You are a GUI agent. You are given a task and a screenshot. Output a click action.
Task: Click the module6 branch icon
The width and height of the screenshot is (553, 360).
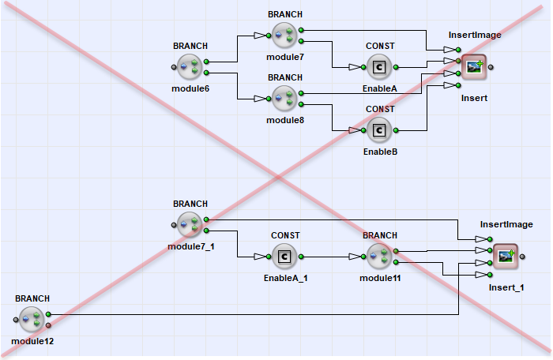[x=190, y=67]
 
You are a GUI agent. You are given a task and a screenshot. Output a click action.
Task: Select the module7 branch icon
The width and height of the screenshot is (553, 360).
[x=284, y=36]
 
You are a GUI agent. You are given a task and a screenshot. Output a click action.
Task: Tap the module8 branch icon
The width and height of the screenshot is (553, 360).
[x=284, y=99]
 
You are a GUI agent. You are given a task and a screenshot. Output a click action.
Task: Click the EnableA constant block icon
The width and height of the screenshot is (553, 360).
[x=379, y=67]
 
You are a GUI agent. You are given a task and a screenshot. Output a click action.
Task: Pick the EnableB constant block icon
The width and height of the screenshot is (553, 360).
[x=379, y=130]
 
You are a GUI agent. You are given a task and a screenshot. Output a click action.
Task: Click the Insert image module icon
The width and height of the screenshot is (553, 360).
[x=474, y=67]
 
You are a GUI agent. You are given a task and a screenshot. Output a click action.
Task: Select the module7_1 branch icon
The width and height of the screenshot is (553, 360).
[x=190, y=225]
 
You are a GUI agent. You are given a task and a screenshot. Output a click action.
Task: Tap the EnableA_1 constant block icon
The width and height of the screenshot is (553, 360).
[x=284, y=257]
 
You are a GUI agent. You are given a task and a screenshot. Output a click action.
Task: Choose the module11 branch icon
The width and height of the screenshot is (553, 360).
[x=379, y=257]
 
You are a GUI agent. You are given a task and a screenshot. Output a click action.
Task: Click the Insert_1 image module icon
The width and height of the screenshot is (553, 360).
[x=506, y=257]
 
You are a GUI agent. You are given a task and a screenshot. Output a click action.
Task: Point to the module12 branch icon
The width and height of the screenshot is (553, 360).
[x=32, y=320]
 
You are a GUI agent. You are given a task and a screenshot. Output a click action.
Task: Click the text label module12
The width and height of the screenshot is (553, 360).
[x=32, y=341]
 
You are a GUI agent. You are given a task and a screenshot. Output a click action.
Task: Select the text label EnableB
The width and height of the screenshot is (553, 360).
[x=379, y=151]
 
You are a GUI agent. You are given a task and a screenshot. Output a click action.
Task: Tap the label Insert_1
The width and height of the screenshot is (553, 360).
[x=506, y=287]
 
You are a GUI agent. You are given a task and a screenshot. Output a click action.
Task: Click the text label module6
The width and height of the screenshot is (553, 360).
[x=190, y=88]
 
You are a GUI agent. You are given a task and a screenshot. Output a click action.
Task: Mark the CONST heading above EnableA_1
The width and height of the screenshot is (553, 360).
[x=285, y=235]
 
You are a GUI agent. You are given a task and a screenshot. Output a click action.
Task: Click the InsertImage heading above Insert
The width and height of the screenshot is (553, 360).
[x=475, y=35]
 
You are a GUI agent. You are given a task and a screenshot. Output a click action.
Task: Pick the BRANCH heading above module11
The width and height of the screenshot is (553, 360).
[x=380, y=235]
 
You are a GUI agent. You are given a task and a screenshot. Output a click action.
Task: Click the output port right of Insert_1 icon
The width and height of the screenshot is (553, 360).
[x=522, y=257]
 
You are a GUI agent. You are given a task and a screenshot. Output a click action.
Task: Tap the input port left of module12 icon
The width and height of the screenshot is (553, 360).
[x=16, y=320]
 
